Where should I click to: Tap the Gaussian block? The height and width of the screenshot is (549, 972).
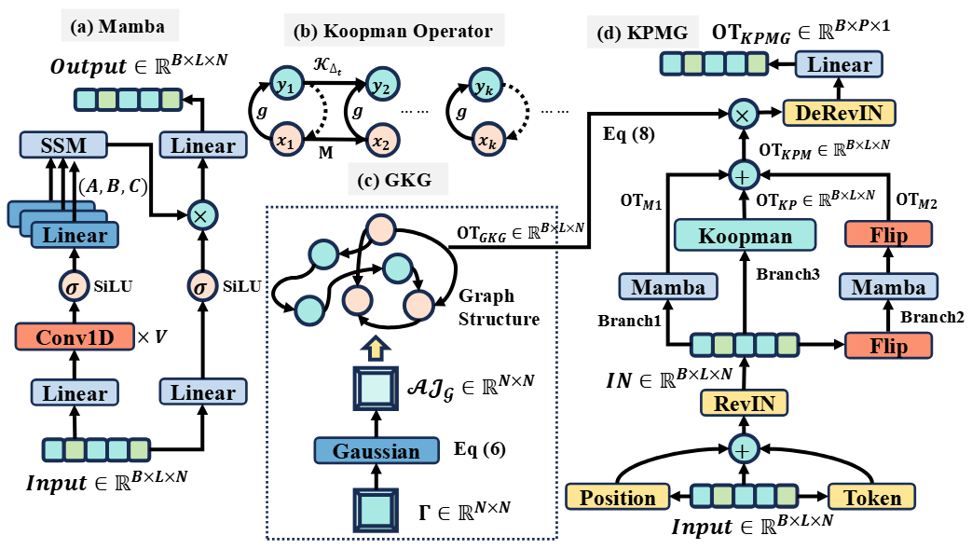[x=376, y=452]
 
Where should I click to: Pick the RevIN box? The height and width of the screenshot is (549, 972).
[x=743, y=403]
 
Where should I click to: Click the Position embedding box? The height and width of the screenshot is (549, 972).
[x=618, y=498]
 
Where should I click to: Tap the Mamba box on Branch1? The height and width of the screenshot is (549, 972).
[x=667, y=287]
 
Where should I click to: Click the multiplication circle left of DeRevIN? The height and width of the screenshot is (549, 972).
[x=743, y=114]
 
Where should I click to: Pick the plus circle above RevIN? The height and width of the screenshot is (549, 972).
[x=743, y=451]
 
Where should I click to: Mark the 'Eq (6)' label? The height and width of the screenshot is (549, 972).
[x=479, y=446]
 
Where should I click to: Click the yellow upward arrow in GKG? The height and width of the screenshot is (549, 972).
[x=376, y=348]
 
